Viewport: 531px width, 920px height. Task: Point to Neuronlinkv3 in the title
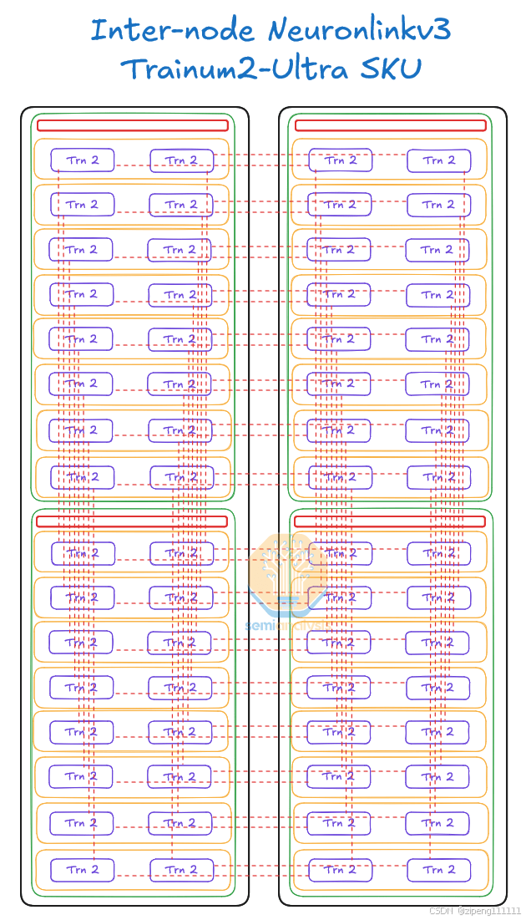pos(359,32)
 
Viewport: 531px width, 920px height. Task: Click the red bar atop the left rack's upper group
pos(133,125)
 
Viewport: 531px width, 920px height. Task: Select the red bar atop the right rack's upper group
pos(390,125)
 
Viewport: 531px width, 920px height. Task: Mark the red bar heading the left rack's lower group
pos(132,521)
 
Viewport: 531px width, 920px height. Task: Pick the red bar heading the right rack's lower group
pos(389,521)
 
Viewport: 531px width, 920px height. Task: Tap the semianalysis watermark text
pos(287,625)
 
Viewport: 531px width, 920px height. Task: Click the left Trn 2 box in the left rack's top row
pos(82,160)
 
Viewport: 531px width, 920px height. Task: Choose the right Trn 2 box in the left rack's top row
pos(181,160)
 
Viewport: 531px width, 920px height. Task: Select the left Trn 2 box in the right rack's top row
pos(340,160)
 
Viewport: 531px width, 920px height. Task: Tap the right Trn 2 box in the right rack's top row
pos(438,160)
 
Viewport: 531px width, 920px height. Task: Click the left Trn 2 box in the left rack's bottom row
pos(82,870)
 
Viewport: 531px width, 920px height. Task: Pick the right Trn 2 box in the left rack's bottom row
pos(181,870)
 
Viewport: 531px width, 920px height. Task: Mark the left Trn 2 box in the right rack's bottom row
pos(340,870)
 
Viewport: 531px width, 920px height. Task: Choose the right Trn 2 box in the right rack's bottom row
pos(438,870)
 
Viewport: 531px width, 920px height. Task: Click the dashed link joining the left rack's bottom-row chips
pos(132,875)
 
